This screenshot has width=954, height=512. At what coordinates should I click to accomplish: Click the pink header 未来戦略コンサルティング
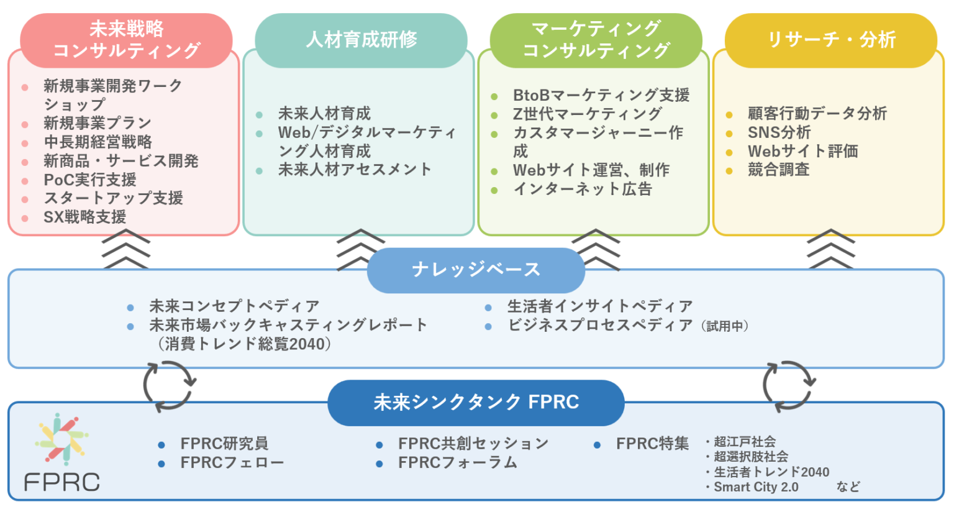[x=126, y=40]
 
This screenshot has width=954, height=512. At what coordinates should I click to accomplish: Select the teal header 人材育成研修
[x=361, y=40]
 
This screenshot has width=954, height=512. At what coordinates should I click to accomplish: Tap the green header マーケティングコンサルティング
[x=596, y=40]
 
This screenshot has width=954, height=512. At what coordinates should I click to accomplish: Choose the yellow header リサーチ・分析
[x=831, y=40]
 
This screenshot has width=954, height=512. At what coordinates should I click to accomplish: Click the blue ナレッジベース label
[x=476, y=270]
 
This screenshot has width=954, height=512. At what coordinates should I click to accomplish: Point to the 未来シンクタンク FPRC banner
[x=476, y=403]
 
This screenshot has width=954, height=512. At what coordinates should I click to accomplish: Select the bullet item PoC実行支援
[x=90, y=180]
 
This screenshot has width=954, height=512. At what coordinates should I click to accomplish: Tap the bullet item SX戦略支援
[x=85, y=217]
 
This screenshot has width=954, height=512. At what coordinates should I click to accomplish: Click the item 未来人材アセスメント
[x=355, y=170]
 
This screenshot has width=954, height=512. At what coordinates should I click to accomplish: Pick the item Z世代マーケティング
[x=587, y=114]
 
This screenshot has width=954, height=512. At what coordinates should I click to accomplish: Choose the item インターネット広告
[x=583, y=189]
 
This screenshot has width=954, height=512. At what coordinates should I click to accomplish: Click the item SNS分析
[x=779, y=132]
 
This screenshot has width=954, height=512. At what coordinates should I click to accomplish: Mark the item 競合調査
[x=778, y=170]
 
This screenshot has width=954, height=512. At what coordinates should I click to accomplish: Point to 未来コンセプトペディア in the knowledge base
[x=234, y=306]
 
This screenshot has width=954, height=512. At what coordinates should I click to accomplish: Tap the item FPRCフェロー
[x=232, y=463]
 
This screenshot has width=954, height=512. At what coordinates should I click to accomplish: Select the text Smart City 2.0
[x=756, y=487]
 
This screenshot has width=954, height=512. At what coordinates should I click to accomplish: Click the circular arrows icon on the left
[x=169, y=385]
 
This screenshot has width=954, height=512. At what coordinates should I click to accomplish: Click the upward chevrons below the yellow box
[x=830, y=249]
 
